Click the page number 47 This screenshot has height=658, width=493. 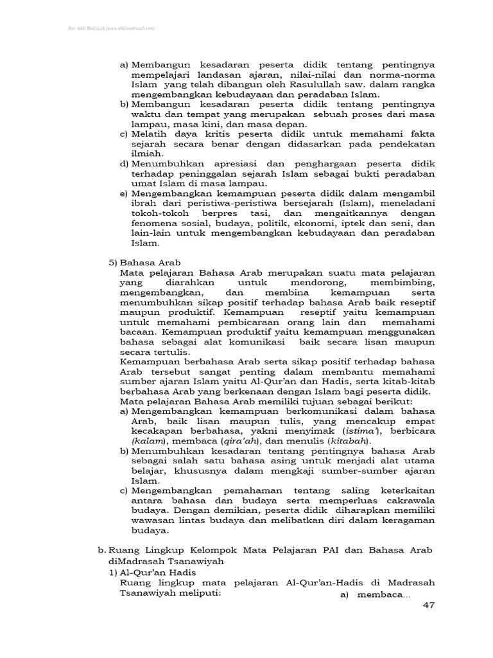coord(428,608)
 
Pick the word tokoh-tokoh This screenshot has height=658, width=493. coord(154,213)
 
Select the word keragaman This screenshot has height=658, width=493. coord(406,521)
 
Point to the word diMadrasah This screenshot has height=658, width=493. coord(136,560)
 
